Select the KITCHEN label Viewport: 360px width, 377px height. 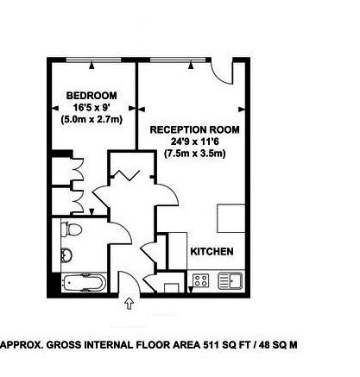[x=212, y=251]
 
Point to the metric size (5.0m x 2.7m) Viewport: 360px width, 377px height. [x=92, y=120]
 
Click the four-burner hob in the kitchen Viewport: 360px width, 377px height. [x=201, y=280]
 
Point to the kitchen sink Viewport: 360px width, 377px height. [x=232, y=280]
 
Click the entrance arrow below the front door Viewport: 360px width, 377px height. [x=129, y=304]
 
